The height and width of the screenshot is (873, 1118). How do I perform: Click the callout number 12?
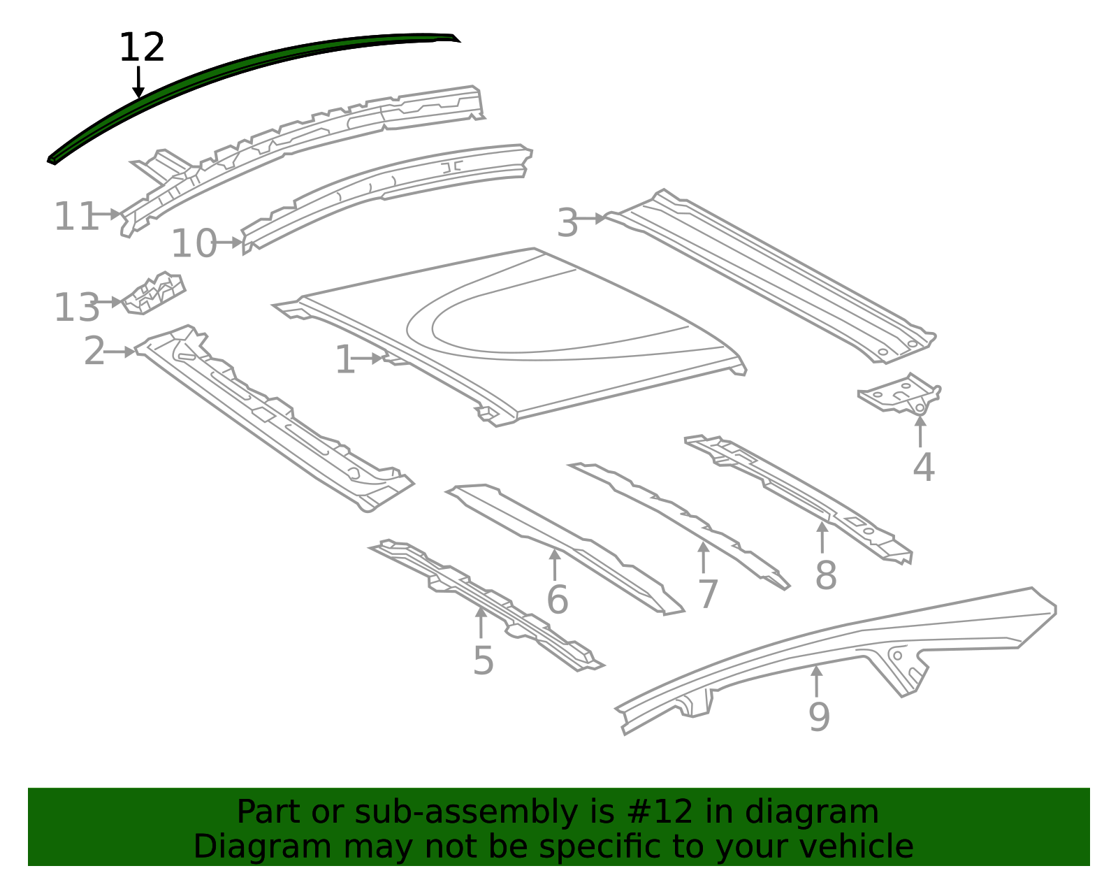click(x=142, y=48)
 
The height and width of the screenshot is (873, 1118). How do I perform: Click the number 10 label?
click(x=194, y=244)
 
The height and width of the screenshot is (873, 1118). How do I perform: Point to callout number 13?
click(x=76, y=308)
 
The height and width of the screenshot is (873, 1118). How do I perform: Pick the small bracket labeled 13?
click(x=154, y=294)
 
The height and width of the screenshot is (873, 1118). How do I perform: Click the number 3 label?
click(x=567, y=224)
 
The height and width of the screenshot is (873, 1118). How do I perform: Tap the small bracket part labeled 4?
click(x=901, y=395)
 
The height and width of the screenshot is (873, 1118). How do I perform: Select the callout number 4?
click(x=923, y=467)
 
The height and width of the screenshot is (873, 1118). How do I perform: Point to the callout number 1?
click(x=345, y=360)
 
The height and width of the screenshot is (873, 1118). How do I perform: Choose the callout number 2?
click(x=94, y=351)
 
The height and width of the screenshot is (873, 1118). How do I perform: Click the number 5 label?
click(x=483, y=660)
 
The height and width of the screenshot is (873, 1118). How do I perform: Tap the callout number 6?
click(x=557, y=600)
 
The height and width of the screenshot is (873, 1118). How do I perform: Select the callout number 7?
click(x=708, y=594)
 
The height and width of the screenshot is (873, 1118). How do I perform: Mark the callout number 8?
click(x=825, y=576)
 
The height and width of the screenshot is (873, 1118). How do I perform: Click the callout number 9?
click(x=818, y=716)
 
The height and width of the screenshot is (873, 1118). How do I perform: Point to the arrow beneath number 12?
click(x=138, y=82)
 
